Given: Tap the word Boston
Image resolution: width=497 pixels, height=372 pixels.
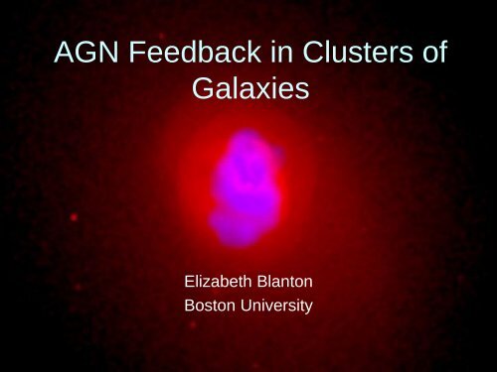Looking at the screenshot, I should (212, 307).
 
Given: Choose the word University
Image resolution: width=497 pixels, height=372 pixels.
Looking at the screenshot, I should (278, 307).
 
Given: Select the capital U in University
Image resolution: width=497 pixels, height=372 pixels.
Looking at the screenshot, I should (249, 307).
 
